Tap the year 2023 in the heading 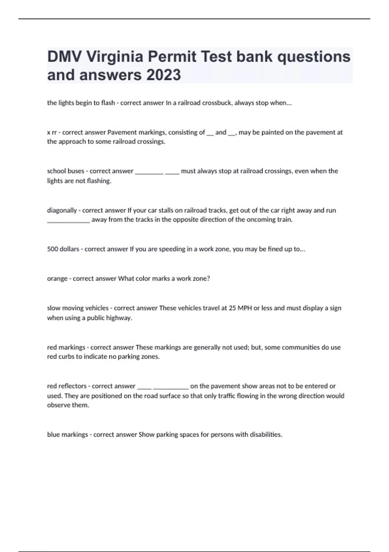click(x=163, y=75)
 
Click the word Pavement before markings click(x=121, y=132)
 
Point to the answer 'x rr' click(x=52, y=132)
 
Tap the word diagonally click(x=62, y=210)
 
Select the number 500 click(x=53, y=249)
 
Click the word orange click(x=57, y=279)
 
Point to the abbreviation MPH click(x=245, y=308)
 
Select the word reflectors click(x=73, y=386)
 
